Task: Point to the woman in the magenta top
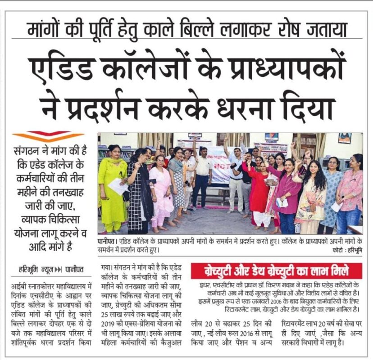[287, 189]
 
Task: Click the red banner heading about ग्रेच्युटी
[276, 271]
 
